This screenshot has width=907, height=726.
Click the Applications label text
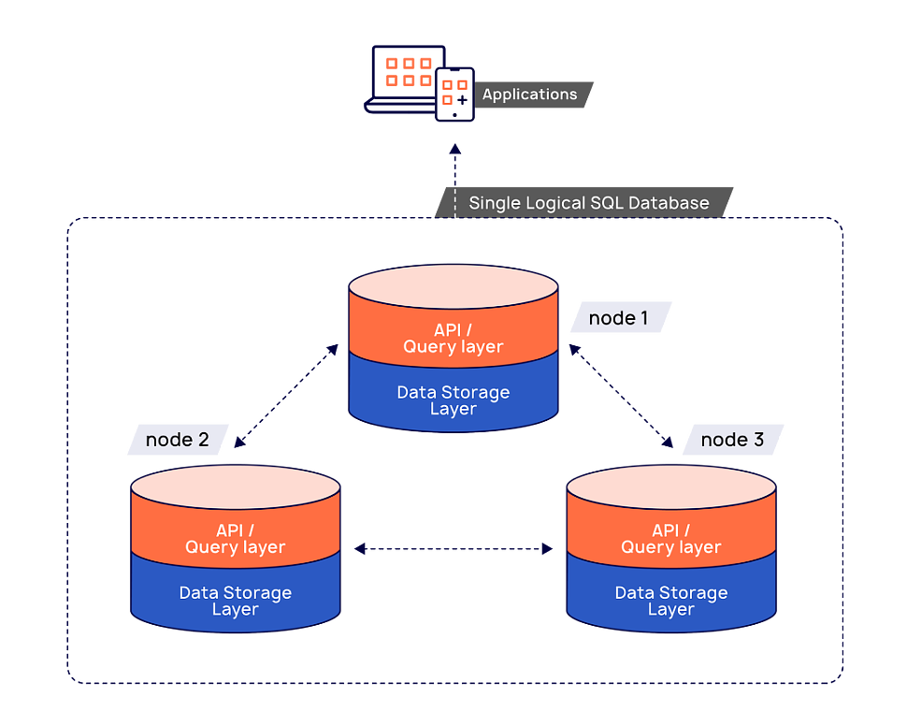(x=529, y=94)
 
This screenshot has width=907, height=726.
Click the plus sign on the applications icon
(x=462, y=99)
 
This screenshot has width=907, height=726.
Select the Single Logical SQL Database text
(x=588, y=203)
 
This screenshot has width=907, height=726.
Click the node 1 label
(x=618, y=318)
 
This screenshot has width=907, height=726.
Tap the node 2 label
(x=177, y=440)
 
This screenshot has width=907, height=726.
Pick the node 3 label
(x=732, y=440)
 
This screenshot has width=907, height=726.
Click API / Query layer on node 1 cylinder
(x=453, y=339)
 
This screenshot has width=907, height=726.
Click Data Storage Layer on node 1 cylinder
(x=453, y=400)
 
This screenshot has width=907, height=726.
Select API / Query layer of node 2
(x=235, y=539)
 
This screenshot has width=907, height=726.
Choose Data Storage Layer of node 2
(x=235, y=601)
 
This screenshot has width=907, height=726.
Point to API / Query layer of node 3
(x=671, y=539)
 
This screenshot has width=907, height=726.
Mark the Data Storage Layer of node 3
(x=671, y=601)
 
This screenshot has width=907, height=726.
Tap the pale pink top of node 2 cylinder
(x=235, y=484)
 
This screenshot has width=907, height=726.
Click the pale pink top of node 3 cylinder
(x=671, y=484)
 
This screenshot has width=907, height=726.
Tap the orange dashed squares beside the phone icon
(x=408, y=72)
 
